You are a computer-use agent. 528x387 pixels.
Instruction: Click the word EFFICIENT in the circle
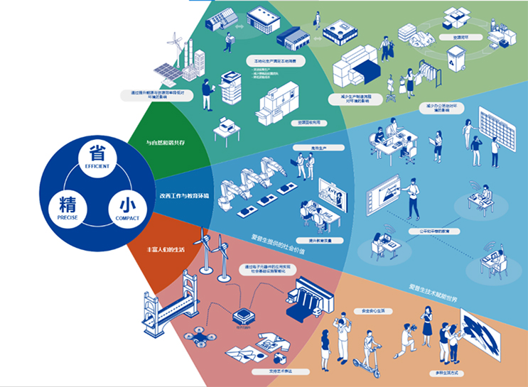pos(97,165)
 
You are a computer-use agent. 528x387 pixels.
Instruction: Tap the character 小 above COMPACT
pos(127,206)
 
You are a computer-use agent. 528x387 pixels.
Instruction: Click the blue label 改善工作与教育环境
pos(183,195)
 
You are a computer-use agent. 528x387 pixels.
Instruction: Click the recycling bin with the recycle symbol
pos(455,60)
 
